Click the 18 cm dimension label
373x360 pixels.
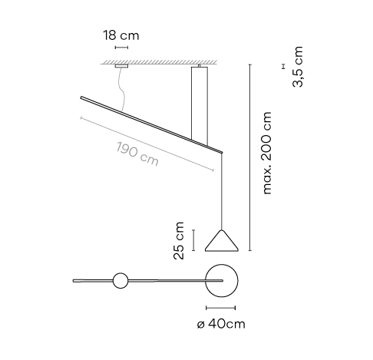121,35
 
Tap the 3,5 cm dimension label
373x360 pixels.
298,67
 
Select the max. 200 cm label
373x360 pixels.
267,153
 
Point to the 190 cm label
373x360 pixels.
137,154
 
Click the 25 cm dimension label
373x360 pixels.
179,241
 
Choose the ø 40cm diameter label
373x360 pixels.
221,324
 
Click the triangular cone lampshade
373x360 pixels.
222,241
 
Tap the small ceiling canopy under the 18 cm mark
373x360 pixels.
121,66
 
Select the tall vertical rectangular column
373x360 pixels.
200,105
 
